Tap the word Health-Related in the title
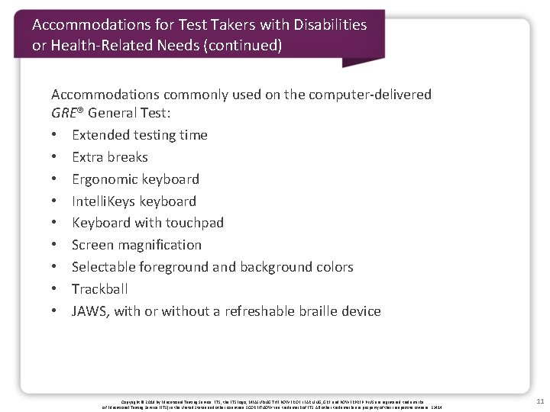click(100, 46)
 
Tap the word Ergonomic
click(105, 179)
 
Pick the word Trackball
click(99, 289)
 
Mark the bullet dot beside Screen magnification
click(56, 245)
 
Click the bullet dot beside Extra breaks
click(56, 157)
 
